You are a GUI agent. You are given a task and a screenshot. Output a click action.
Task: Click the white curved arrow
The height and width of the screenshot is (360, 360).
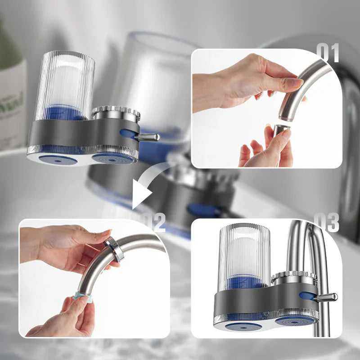click(x=148, y=184)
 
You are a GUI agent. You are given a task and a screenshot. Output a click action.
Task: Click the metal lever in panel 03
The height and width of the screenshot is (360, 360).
click(x=326, y=297)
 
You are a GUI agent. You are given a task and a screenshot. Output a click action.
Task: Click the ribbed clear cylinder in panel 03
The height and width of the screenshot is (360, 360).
click(x=245, y=254)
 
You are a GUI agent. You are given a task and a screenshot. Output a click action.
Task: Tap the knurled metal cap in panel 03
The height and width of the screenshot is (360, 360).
click(x=294, y=277)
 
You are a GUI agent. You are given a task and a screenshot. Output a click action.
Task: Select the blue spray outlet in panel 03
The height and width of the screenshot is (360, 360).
click(x=295, y=321)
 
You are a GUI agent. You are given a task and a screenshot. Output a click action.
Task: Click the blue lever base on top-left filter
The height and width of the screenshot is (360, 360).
click(x=128, y=134)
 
